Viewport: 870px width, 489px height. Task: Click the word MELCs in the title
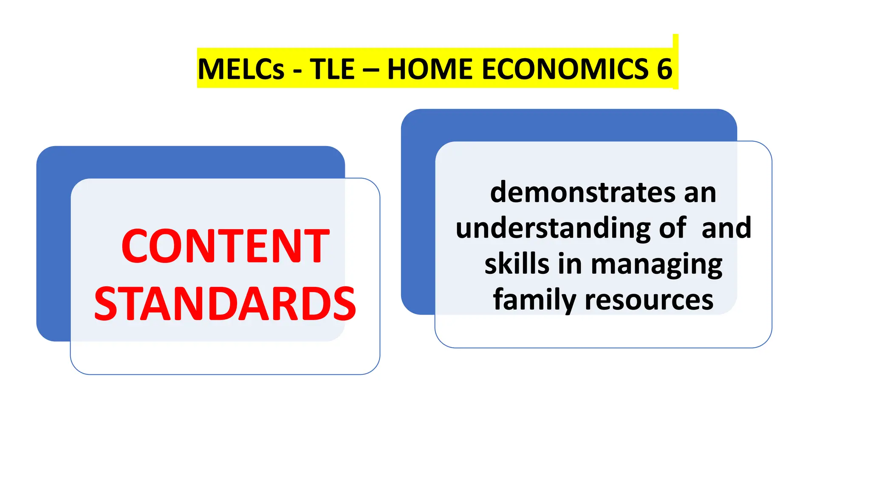(x=241, y=69)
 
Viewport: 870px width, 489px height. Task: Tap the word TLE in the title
(x=332, y=69)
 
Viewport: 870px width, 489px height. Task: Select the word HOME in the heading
(x=430, y=69)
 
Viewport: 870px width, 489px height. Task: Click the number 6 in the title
(x=664, y=69)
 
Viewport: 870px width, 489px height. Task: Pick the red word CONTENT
(x=225, y=246)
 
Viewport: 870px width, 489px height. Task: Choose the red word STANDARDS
(x=225, y=304)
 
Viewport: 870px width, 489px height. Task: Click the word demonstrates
(x=582, y=192)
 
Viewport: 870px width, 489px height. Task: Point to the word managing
(x=656, y=264)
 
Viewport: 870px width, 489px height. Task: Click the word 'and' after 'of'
(x=726, y=228)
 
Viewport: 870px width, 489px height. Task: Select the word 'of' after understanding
(x=672, y=228)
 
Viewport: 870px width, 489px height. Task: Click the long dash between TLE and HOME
(x=370, y=70)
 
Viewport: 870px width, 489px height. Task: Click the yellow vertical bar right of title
(x=675, y=62)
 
